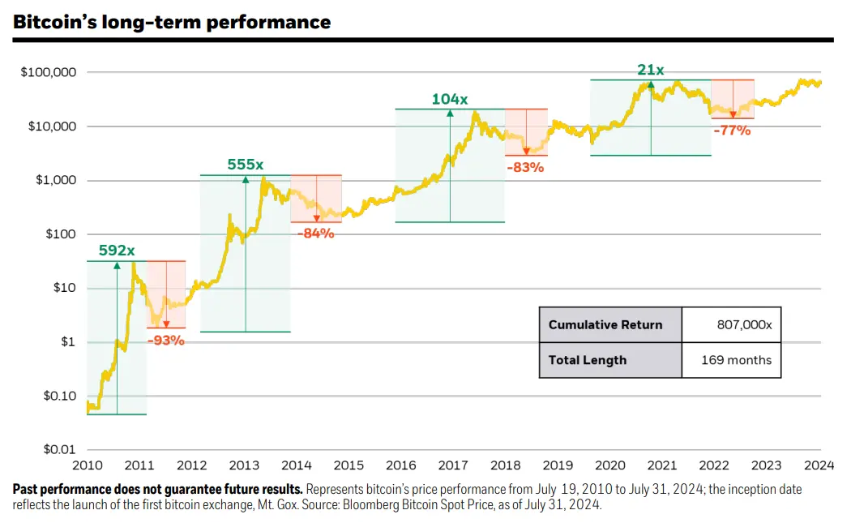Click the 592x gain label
pyautogui.click(x=117, y=251)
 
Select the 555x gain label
pyautogui.click(x=246, y=165)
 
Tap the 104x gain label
pyautogui.click(x=449, y=99)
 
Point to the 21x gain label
pyautogui.click(x=650, y=71)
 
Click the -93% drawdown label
pyautogui.click(x=166, y=340)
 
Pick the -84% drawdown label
pyautogui.click(x=315, y=234)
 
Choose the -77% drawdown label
pyautogui.click(x=732, y=130)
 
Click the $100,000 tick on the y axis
pyautogui.click(x=48, y=73)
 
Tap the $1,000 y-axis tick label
pyautogui.click(x=55, y=181)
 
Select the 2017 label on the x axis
pyautogui.click(x=452, y=465)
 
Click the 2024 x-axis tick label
pyautogui.click(x=820, y=465)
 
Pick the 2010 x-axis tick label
pyautogui.click(x=88, y=465)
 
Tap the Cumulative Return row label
pyautogui.click(x=605, y=324)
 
